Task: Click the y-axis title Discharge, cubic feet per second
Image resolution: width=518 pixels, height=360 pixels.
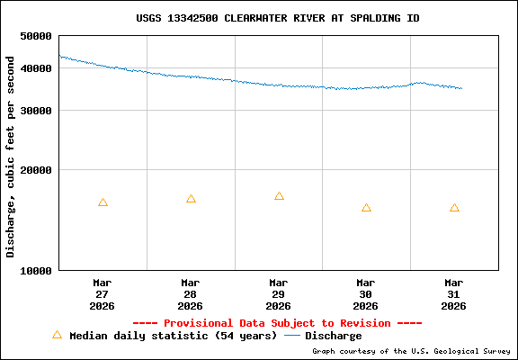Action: coord(11,157)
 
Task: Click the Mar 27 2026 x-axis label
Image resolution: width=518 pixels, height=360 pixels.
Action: coord(103,294)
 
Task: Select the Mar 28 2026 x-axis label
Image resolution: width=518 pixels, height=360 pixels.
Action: coord(191,294)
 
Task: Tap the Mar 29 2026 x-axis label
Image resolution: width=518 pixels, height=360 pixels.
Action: coord(279,294)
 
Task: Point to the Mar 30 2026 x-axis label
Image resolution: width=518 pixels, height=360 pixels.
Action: coord(366,294)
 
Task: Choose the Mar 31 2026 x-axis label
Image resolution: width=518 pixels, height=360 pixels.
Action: coord(454,294)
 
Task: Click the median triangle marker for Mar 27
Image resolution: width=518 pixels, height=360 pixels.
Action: coord(103,202)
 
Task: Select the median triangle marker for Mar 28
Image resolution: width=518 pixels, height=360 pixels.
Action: coord(191,199)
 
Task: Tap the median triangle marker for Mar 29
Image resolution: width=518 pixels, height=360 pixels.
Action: coord(279,196)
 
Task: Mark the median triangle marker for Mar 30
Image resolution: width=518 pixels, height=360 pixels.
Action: coord(366,208)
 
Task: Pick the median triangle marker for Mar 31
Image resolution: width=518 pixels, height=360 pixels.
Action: coord(454,208)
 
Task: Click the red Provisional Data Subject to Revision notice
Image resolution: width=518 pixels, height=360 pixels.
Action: coord(277,323)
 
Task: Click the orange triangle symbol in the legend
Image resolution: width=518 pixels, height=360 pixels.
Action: coord(57,335)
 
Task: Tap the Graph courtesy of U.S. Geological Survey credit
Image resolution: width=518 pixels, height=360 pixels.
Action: coord(411,351)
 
